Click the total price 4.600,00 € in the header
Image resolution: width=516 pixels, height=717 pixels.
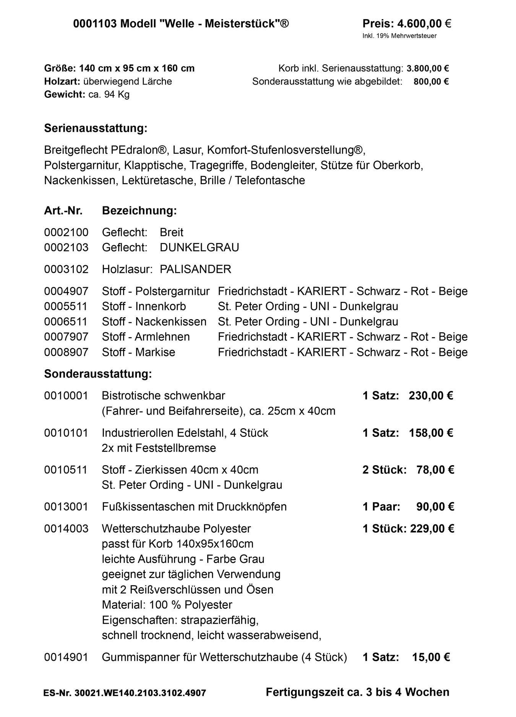click(x=424, y=24)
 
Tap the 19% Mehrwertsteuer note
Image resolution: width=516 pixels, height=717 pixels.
click(x=399, y=36)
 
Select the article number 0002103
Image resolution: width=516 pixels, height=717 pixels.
click(x=66, y=248)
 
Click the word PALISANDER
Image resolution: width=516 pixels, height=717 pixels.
click(x=195, y=269)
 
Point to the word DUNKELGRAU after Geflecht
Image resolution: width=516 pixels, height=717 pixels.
click(x=199, y=248)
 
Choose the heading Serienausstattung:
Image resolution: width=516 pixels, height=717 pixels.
click(x=96, y=128)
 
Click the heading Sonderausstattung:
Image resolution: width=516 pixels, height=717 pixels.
click(x=98, y=374)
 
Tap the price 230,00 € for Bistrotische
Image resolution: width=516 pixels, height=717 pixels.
click(x=431, y=396)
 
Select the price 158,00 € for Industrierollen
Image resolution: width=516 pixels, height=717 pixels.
click(x=431, y=433)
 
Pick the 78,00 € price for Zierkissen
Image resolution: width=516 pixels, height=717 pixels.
click(x=435, y=470)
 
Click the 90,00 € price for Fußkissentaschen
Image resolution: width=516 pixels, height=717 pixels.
click(x=435, y=507)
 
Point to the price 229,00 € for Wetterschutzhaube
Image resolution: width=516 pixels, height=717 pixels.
click(x=432, y=529)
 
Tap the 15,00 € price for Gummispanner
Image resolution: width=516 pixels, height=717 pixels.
click(x=431, y=657)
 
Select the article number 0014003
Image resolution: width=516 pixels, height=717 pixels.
click(x=66, y=529)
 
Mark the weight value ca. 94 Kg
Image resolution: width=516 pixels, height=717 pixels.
click(x=109, y=94)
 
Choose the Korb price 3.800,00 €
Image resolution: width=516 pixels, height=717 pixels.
click(x=427, y=69)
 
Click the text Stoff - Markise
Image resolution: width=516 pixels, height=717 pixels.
click(x=138, y=352)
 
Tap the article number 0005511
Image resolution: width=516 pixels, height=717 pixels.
click(x=66, y=307)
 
